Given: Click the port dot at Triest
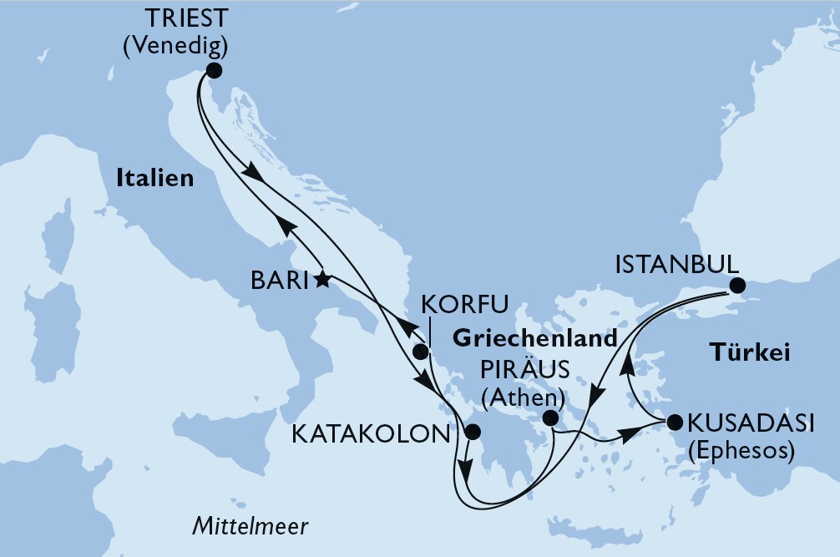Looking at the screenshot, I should [x=215, y=71].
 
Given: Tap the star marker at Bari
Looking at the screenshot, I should [x=322, y=280].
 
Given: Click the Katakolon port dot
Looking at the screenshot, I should [x=472, y=432].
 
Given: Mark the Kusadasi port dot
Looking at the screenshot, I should [x=675, y=422].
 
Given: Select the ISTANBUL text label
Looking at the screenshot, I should [x=676, y=266].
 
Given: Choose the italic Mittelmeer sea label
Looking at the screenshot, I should [x=250, y=527].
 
